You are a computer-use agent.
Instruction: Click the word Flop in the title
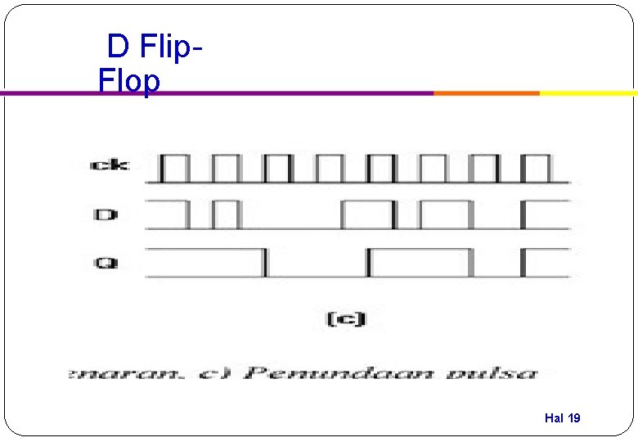(128, 81)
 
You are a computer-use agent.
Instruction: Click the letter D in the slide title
(118, 47)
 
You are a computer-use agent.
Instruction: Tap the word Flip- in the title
(171, 47)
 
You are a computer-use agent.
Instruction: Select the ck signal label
(109, 166)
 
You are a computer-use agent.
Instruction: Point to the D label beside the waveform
(106, 215)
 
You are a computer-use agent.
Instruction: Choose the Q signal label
(106, 264)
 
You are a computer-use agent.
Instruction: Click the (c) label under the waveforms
(346, 318)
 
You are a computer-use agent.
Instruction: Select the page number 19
(573, 418)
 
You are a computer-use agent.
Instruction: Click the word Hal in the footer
(554, 418)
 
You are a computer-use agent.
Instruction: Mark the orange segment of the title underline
(486, 93)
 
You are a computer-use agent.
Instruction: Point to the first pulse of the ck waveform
(175, 167)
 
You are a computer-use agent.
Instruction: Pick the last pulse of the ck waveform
(536, 167)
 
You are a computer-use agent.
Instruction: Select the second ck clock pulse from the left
(227, 167)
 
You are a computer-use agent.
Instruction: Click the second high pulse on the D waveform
(227, 214)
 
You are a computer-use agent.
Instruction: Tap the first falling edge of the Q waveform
(264, 263)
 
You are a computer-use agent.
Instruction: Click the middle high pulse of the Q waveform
(420, 262)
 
